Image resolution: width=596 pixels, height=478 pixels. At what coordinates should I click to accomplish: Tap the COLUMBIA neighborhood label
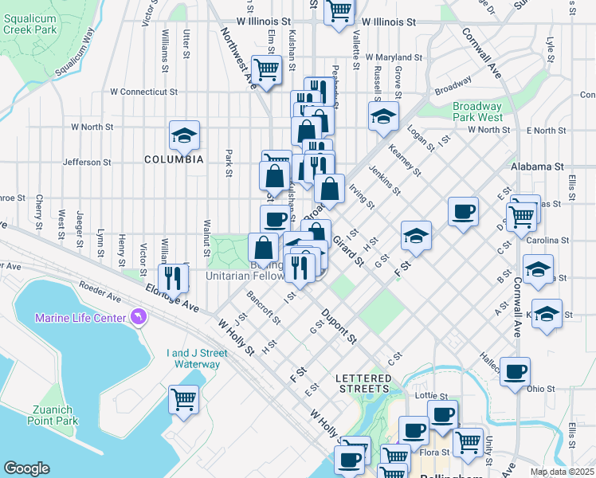pyautogui.click(x=174, y=159)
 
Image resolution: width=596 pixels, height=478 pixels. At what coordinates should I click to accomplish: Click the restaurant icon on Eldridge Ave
pyautogui.click(x=172, y=277)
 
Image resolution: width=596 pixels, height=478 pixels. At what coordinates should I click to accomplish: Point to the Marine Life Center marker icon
pyautogui.click(x=139, y=319)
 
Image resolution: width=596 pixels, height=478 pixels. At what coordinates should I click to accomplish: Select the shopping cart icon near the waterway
pyautogui.click(x=183, y=398)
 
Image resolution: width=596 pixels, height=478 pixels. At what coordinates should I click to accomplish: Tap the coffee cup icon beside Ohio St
pyautogui.click(x=516, y=370)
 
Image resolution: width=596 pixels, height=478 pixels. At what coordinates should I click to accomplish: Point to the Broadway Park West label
pyautogui.click(x=476, y=112)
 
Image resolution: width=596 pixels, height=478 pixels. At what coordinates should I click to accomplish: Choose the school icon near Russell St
pyautogui.click(x=383, y=116)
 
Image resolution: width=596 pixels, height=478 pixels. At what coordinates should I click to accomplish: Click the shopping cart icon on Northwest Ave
pyautogui.click(x=266, y=69)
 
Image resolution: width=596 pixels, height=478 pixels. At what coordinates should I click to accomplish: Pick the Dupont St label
pyautogui.click(x=339, y=327)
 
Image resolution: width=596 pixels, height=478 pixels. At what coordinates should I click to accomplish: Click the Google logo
pyautogui.click(x=26, y=468)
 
